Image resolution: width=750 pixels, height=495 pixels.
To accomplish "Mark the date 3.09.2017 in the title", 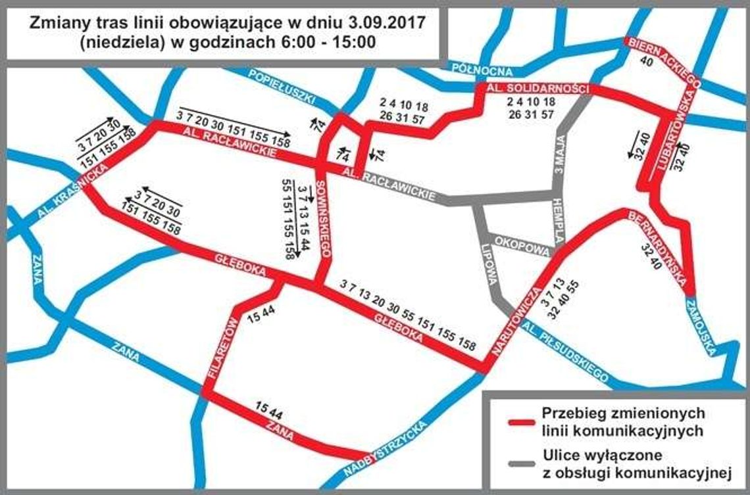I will pyautogui.click(x=391, y=22).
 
